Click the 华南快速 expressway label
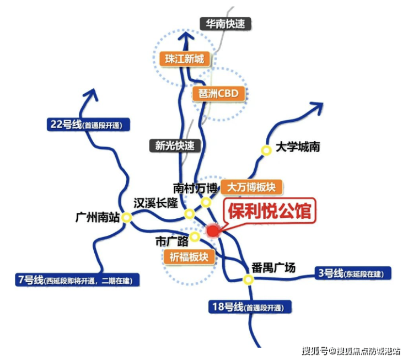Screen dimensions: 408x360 [x=226, y=24]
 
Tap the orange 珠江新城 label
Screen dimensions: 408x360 [x=185, y=59]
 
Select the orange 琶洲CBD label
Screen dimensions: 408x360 [x=218, y=93]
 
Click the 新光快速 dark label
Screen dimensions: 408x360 [x=175, y=146]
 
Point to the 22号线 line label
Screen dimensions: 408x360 [x=88, y=125]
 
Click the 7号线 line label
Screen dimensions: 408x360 [x=77, y=280]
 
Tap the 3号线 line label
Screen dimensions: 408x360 [x=353, y=273]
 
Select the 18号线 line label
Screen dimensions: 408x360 [x=250, y=307]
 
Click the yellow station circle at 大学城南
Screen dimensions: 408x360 [x=266, y=151]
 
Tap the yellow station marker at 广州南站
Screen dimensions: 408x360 [x=126, y=218]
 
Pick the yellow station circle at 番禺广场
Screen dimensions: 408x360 [x=249, y=280]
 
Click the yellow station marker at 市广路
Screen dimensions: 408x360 [x=195, y=237]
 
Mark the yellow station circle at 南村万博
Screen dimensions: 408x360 [x=206, y=202]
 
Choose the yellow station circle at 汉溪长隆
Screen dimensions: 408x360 [x=190, y=214]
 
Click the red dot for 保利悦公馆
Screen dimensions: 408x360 [x=213, y=231]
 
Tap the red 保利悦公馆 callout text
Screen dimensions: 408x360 [x=270, y=211]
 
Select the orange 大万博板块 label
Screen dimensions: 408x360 [x=251, y=187]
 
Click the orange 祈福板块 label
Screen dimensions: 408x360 [x=189, y=257]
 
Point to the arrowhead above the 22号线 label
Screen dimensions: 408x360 [x=91, y=95]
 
